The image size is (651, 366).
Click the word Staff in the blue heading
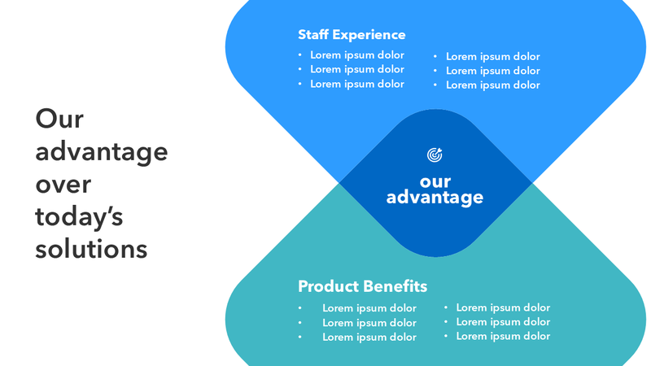pyautogui.click(x=314, y=35)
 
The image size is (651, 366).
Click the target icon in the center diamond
pyautogui.click(x=435, y=154)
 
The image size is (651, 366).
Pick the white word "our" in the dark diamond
pyautogui.click(x=435, y=181)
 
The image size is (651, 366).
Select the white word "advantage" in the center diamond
pyautogui.click(x=435, y=198)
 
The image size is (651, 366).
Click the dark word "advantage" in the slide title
pyautogui.click(x=102, y=152)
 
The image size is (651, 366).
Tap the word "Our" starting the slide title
pyautogui.click(x=60, y=120)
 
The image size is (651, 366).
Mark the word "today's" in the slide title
pyautogui.click(x=79, y=216)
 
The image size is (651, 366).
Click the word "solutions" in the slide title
pyautogui.click(x=91, y=248)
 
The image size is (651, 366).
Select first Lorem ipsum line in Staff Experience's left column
pyautogui.click(x=357, y=55)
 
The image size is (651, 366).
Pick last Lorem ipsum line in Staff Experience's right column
pyautogui.click(x=492, y=85)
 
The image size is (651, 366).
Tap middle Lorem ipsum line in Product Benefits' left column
pyautogui.click(x=369, y=323)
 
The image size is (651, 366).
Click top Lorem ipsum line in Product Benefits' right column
pyautogui.click(x=503, y=307)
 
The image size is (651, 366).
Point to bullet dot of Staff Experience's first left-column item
pyautogui.click(x=299, y=55)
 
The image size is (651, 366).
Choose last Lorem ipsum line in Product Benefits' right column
pyautogui.click(x=503, y=336)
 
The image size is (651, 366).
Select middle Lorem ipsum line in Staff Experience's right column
pyautogui.click(x=492, y=71)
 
